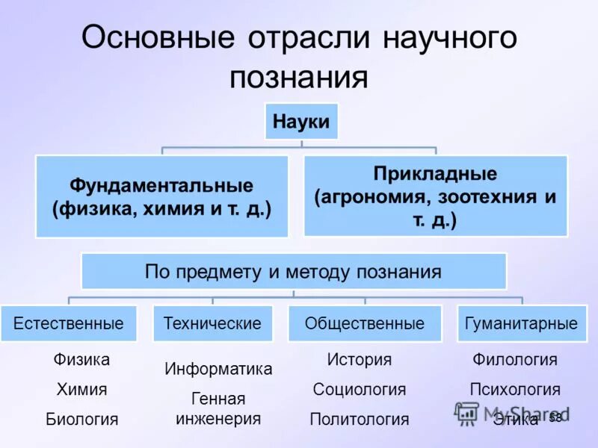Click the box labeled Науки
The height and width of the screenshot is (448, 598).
[x=301, y=121]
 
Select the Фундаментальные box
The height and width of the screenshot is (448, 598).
[x=161, y=196]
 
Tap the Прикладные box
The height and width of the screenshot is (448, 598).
[x=436, y=196]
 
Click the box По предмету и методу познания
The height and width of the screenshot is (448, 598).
[x=293, y=272]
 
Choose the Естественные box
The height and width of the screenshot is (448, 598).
[x=68, y=323]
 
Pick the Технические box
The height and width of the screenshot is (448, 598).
[x=212, y=323]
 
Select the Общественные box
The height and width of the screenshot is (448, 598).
[x=365, y=323]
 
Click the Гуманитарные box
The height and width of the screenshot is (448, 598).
[x=521, y=323]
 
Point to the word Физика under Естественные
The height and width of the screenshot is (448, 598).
[x=81, y=360]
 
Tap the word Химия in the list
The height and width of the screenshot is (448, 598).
[x=81, y=389]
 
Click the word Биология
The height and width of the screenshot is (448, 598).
[x=81, y=419]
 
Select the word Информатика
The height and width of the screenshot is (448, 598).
[x=218, y=368]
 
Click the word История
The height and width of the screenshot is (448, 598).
[x=360, y=360]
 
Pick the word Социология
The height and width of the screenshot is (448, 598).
[x=360, y=389]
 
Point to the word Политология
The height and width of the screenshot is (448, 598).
[x=360, y=419]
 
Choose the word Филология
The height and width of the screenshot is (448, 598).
[x=515, y=360]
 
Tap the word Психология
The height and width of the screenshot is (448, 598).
[x=515, y=389]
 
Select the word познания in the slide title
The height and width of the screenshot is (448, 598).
[x=299, y=78]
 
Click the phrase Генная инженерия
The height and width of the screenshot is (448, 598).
[x=218, y=408]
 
